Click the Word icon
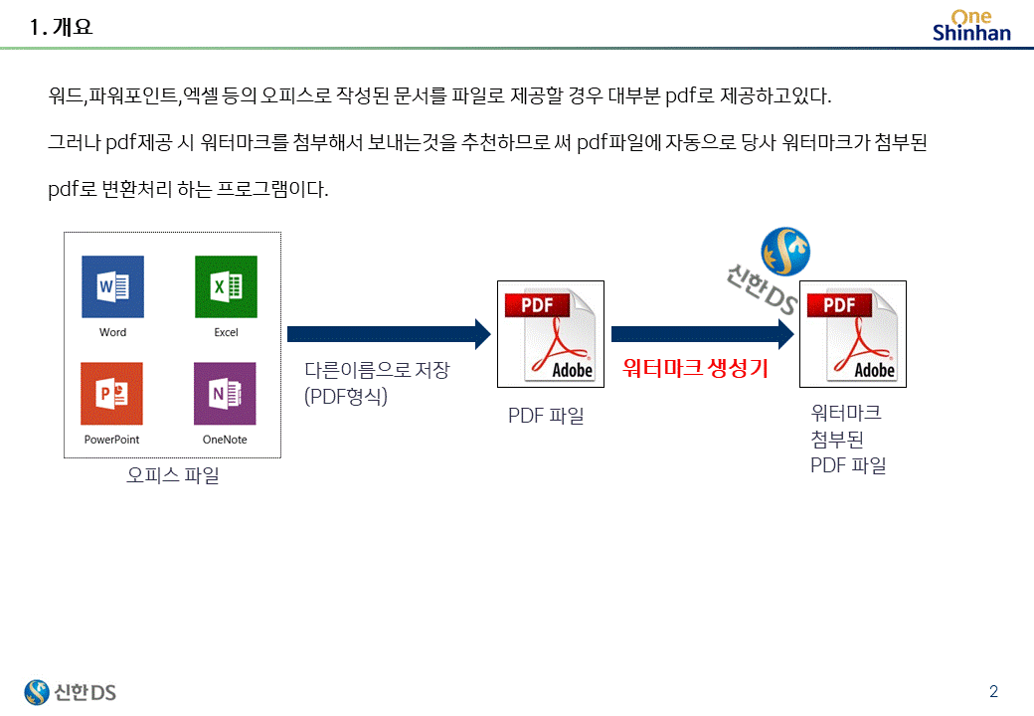point(112,286)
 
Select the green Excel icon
point(226,286)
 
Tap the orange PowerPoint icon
point(111,393)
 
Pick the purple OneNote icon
point(225,393)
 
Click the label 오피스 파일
point(173,475)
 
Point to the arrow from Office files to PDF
point(389,334)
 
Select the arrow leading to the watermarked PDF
point(702,334)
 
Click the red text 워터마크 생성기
point(695,369)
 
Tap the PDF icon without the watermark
point(550,334)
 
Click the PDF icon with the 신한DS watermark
point(853,334)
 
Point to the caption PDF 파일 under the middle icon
point(546,416)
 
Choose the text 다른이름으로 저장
point(377,371)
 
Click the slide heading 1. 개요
point(62,28)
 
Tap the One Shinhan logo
point(970,25)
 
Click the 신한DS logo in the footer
point(71,691)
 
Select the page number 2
point(993,691)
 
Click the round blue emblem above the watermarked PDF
point(785,252)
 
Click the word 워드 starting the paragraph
point(65,96)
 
